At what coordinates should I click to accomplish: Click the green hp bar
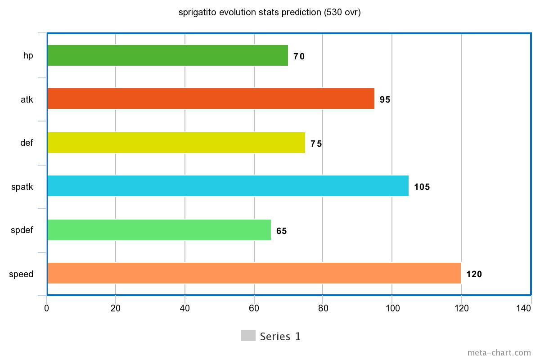(x=167, y=55)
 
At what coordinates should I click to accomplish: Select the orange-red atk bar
(x=211, y=99)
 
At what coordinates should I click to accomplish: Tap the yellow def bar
(x=176, y=143)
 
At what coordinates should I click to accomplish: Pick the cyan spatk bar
(x=228, y=186)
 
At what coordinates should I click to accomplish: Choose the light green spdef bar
(x=159, y=230)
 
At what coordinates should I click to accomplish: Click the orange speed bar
(x=254, y=273)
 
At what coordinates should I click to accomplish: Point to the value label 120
(x=474, y=274)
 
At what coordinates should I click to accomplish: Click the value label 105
(x=422, y=187)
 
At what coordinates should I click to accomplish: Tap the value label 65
(x=282, y=231)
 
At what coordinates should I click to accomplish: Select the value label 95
(x=385, y=99)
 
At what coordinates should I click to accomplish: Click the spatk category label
(x=22, y=187)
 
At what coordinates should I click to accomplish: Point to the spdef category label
(x=22, y=230)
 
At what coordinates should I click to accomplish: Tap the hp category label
(x=28, y=56)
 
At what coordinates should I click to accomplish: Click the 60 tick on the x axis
(x=254, y=308)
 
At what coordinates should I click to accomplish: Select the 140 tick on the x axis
(x=524, y=308)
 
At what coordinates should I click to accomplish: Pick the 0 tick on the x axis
(x=46, y=308)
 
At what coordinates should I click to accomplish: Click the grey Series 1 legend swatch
(x=248, y=336)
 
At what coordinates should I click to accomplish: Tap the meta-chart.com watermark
(x=499, y=353)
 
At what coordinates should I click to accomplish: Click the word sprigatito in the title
(x=198, y=12)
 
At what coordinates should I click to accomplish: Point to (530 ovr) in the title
(x=342, y=12)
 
